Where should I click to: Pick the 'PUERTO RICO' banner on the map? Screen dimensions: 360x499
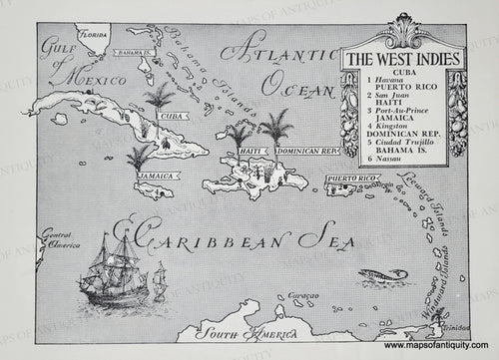(x=351, y=180)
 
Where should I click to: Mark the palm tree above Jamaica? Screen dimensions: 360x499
(x=140, y=155)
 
